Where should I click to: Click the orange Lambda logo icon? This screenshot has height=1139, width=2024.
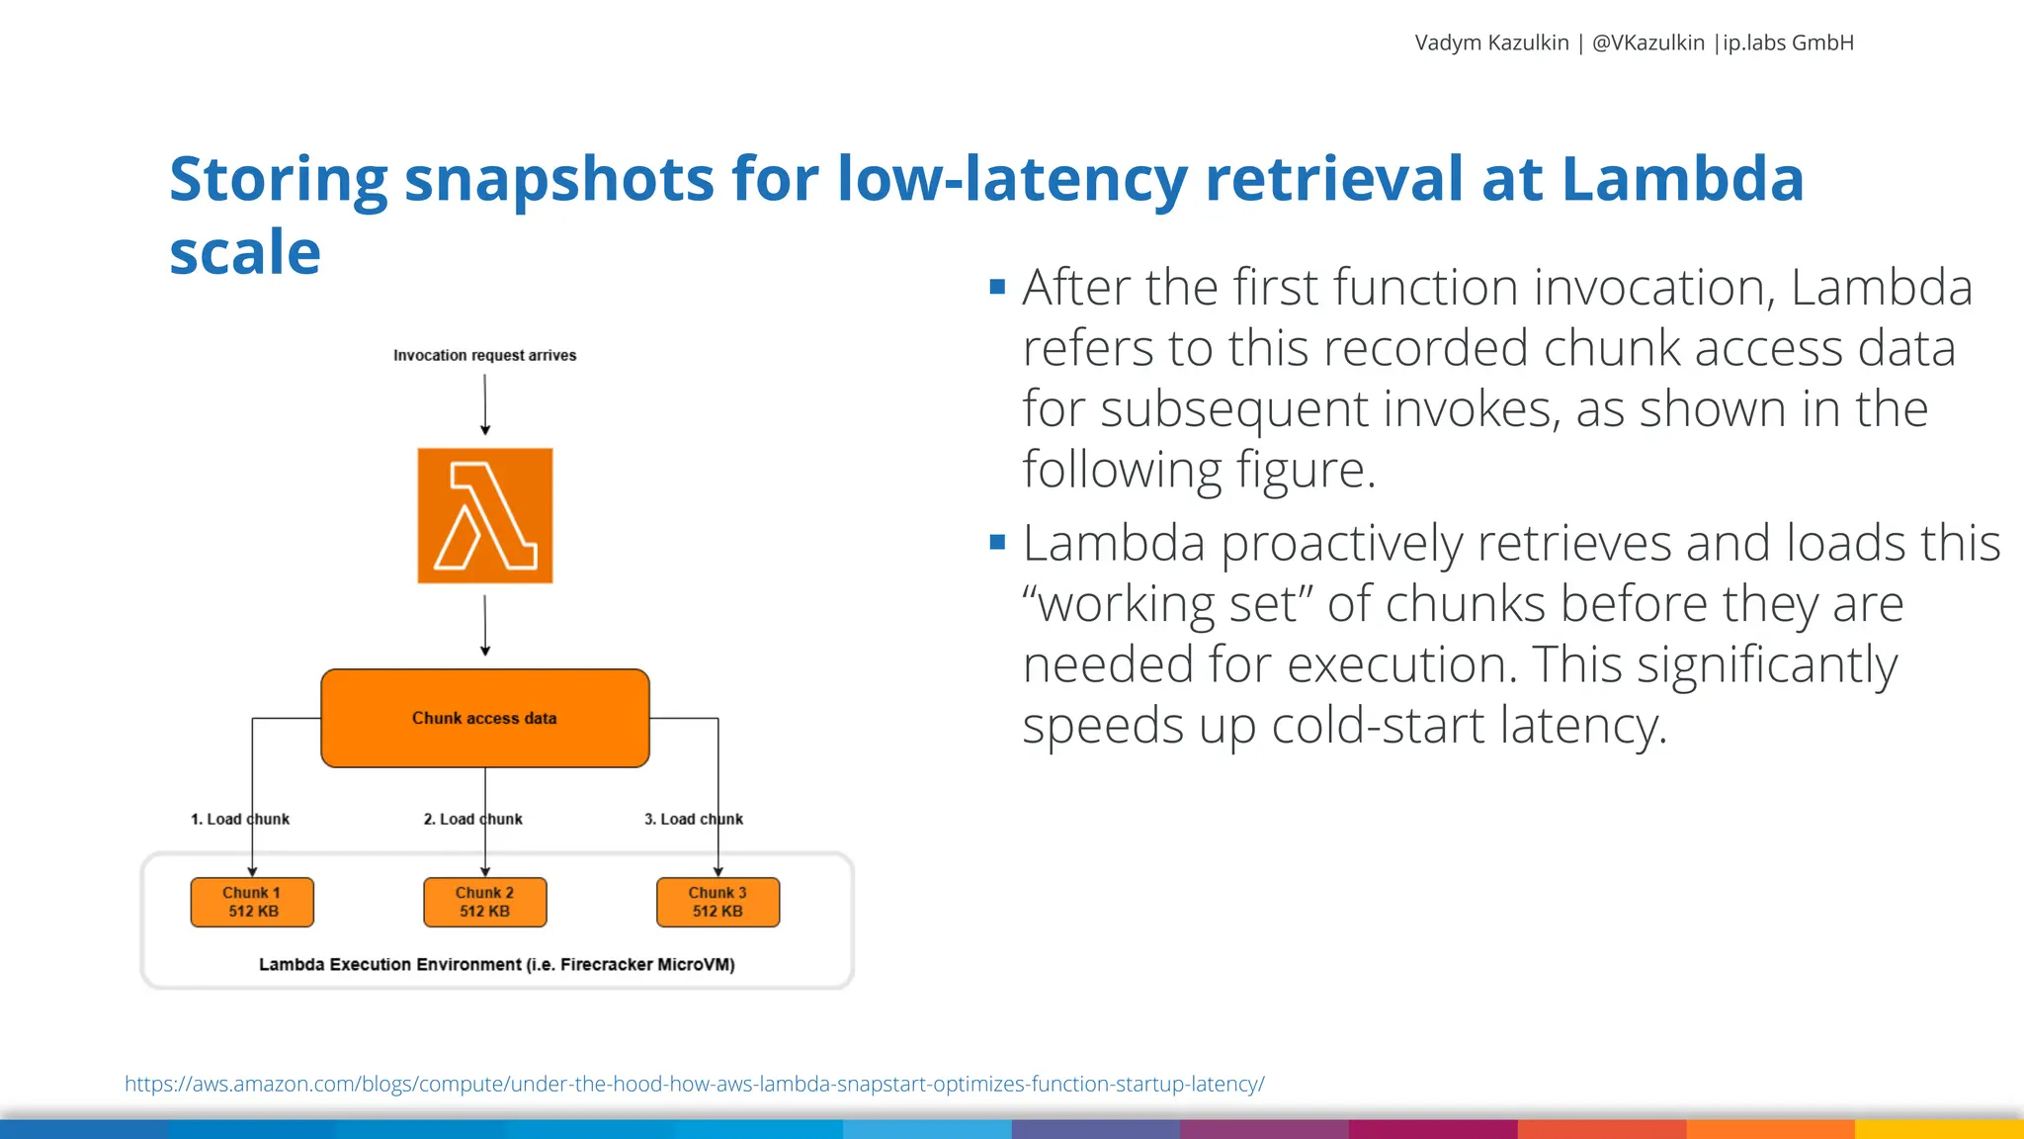(x=484, y=515)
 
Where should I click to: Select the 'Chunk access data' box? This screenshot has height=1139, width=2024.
(x=484, y=718)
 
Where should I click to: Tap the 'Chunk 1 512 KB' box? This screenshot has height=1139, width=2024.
(x=252, y=902)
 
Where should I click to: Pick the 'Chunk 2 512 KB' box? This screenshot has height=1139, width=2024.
(x=484, y=902)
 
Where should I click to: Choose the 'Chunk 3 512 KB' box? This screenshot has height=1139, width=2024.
(x=717, y=902)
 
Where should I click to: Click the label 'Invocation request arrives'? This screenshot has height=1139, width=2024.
(x=484, y=355)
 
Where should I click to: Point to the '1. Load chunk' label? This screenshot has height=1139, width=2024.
(x=240, y=819)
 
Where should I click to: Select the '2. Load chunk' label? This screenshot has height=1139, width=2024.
(x=472, y=819)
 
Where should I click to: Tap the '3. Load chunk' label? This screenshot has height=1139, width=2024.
(x=694, y=819)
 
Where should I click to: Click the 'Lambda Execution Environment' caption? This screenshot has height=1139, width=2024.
(x=496, y=964)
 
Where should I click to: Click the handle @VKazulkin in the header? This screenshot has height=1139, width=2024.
(x=1647, y=43)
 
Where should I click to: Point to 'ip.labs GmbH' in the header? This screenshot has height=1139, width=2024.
(x=1788, y=43)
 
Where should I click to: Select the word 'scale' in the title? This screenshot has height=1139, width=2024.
(x=245, y=252)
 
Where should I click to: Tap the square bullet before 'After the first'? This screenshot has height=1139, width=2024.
(x=997, y=288)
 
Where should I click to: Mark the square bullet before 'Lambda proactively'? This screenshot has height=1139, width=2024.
(x=997, y=542)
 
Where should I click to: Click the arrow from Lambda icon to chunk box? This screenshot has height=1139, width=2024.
(x=485, y=625)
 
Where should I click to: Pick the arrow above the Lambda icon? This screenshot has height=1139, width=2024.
(x=485, y=404)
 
